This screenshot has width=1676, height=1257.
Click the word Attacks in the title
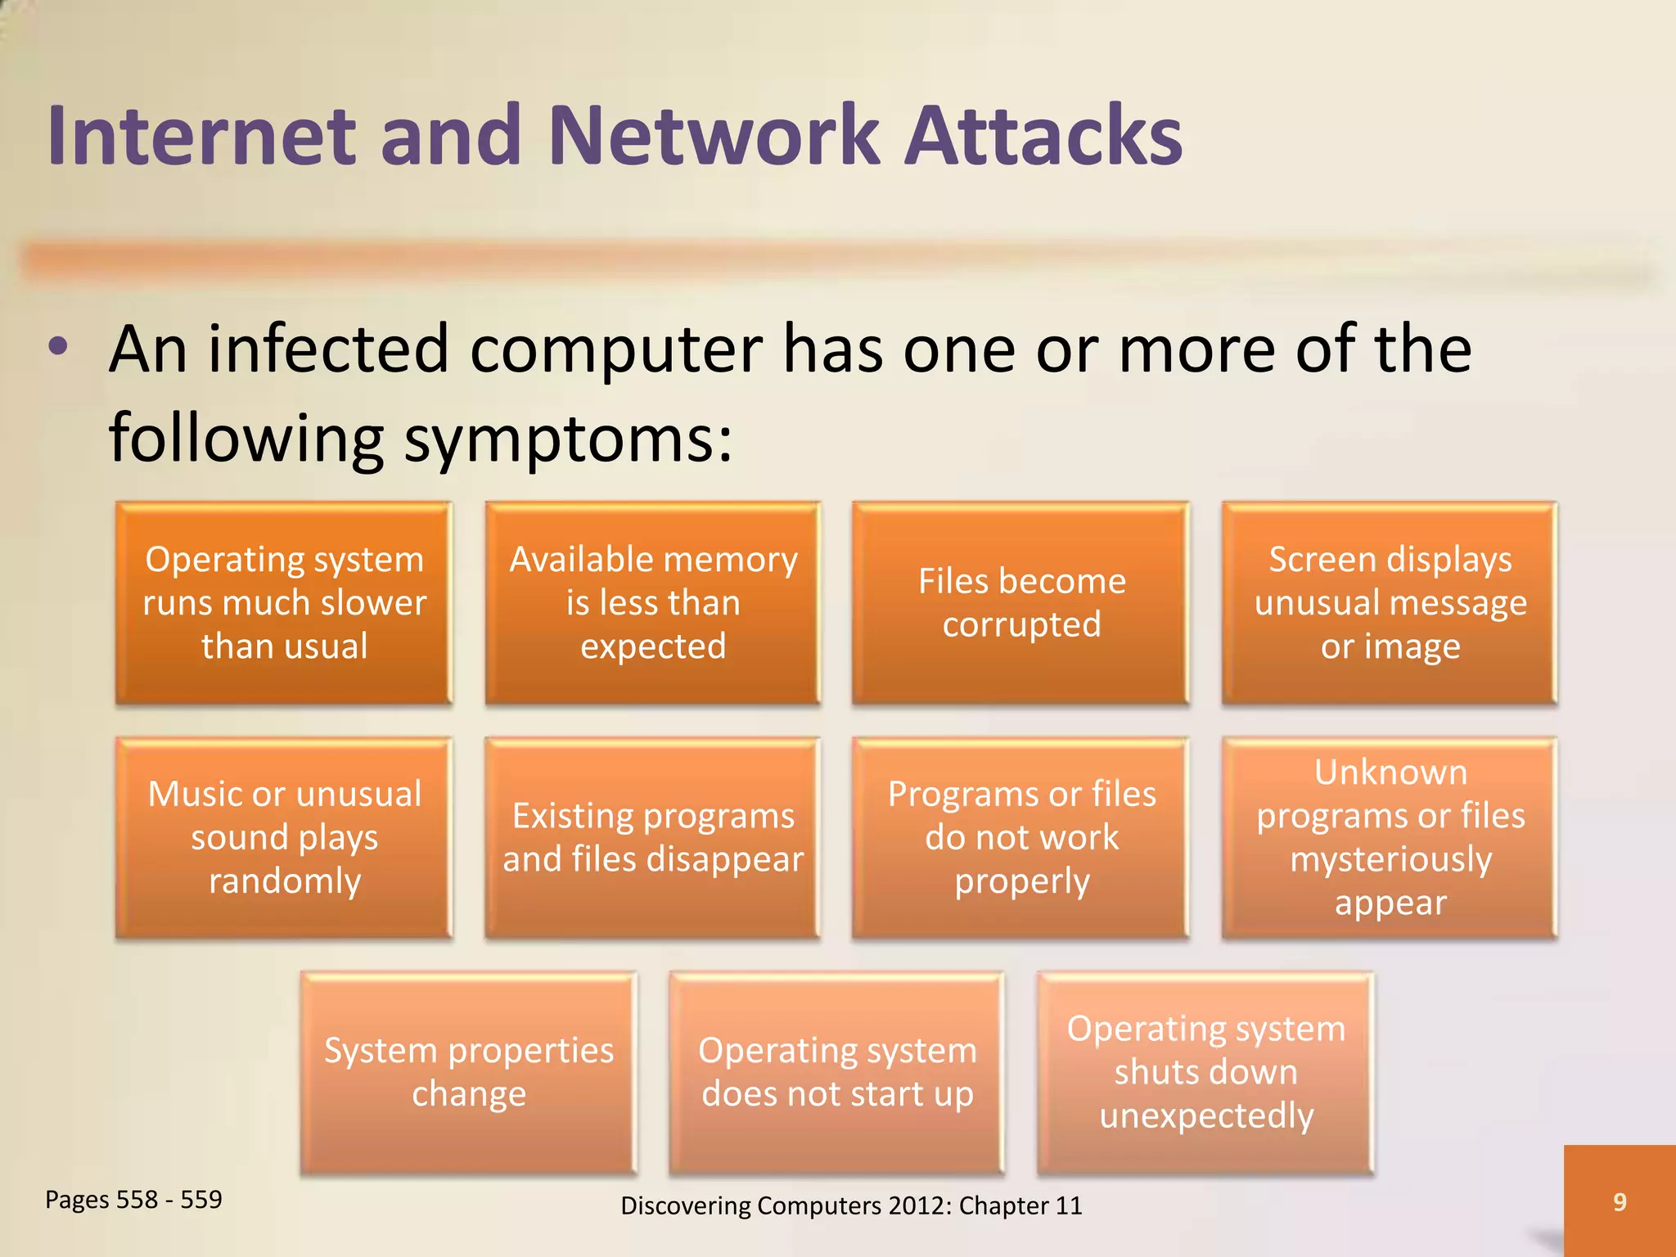coord(1043,135)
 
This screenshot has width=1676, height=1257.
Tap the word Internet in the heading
coord(201,135)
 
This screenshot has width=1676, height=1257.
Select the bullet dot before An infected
coord(58,347)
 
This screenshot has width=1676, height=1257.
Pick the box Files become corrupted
coord(1020,603)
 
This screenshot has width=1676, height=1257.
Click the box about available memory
coord(653,603)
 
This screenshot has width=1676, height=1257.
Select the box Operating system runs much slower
coord(284,603)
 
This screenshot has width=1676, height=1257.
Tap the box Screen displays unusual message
coord(1390,603)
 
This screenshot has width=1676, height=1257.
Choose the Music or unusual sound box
coord(284,837)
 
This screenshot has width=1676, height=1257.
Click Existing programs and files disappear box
coord(653,837)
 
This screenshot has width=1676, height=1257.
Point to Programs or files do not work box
coord(1020,837)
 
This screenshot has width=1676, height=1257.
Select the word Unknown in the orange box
coord(1390,773)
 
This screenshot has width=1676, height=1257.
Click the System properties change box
coord(468,1072)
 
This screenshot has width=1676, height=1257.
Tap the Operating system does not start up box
coord(836,1072)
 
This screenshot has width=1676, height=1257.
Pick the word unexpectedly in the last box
coord(1205,1116)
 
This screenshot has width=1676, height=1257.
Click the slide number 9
coord(1619,1201)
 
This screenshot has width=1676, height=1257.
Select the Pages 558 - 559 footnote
coord(133,1200)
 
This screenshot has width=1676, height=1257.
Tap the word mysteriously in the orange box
coord(1390,860)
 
